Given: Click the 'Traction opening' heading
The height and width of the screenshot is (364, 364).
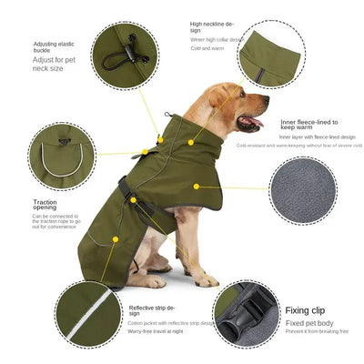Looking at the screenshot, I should click(45, 205).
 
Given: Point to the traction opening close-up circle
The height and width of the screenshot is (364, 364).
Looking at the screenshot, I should click(61, 157).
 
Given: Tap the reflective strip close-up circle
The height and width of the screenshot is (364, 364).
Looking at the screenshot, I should click(88, 312).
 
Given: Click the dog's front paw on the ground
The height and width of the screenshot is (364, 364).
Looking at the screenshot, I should click(206, 280).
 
